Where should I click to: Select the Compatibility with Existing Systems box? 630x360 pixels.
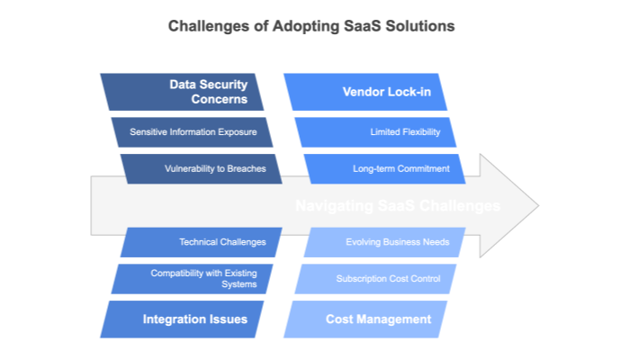pyautogui.click(x=195, y=278)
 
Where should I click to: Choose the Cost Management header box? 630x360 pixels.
pyautogui.click(x=373, y=319)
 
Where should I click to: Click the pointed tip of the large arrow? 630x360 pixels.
pyautogui.click(x=537, y=206)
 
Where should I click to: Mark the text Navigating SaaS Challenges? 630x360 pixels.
pyautogui.click(x=398, y=206)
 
